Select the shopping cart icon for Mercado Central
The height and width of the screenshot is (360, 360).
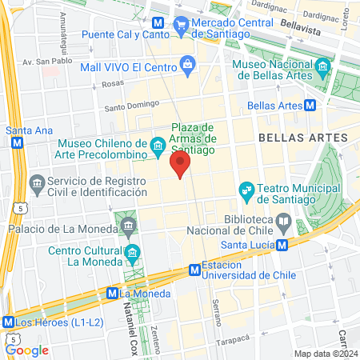click(x=182, y=24)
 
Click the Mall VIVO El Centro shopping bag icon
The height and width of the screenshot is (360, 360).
click(x=187, y=62)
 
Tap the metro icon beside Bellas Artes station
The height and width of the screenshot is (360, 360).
click(x=310, y=105)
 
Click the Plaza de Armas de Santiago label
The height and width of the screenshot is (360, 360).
click(x=193, y=138)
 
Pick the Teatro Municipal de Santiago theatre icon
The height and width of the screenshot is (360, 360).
click(x=246, y=190)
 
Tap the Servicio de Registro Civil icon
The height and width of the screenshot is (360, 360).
click(x=37, y=185)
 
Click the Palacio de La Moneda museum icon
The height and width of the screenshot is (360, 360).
click(x=130, y=230)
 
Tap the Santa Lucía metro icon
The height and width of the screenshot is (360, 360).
click(x=281, y=246)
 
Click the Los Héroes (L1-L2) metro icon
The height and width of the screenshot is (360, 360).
click(x=9, y=322)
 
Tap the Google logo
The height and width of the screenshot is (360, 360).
click(x=26, y=350)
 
